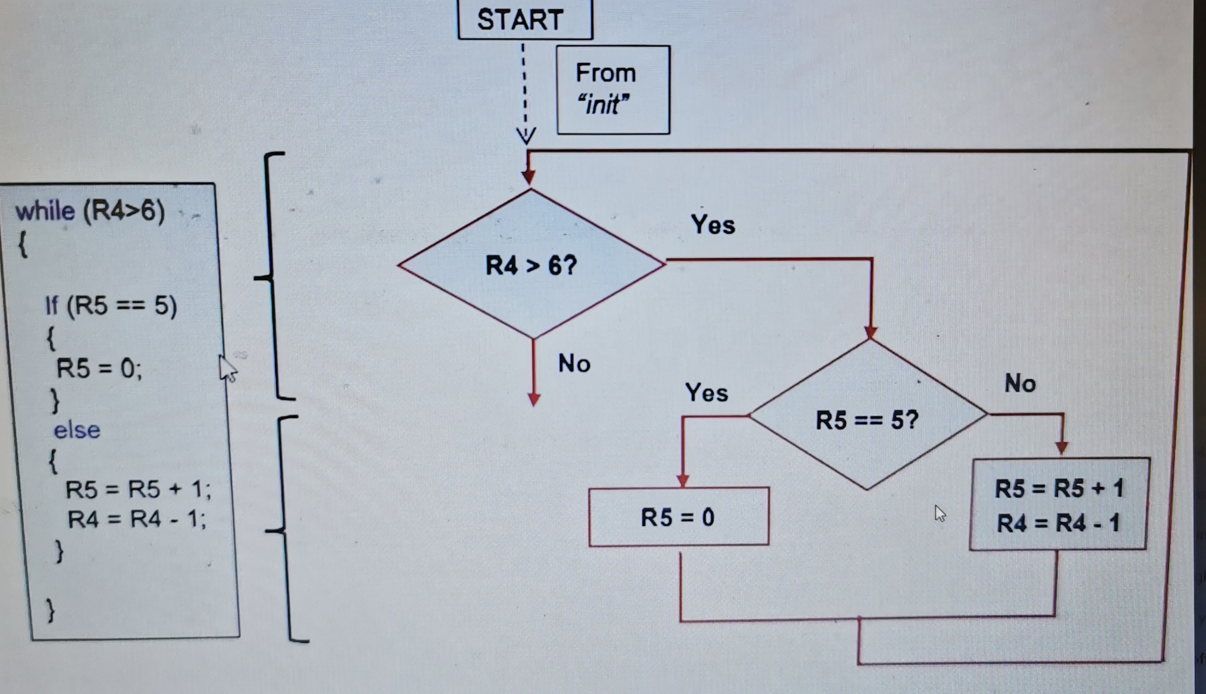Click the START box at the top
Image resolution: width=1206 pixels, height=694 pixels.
[x=525, y=20]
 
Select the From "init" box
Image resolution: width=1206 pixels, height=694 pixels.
[x=613, y=90]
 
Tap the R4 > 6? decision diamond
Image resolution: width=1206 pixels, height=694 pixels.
[x=531, y=265]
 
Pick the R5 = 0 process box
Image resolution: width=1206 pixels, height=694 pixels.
[x=678, y=517]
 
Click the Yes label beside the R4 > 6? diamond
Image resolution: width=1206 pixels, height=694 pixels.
[x=713, y=224]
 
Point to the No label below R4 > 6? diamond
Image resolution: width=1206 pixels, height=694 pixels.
[x=574, y=363]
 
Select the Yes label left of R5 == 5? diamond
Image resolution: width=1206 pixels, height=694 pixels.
[x=706, y=392]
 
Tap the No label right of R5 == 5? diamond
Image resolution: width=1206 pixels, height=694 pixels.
[x=1020, y=384]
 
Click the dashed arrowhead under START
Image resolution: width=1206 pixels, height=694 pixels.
[x=526, y=136]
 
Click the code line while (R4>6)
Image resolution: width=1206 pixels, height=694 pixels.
[x=90, y=210]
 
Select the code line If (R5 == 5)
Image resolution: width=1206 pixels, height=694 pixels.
[x=111, y=305]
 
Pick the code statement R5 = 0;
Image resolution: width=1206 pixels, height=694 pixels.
[x=99, y=369]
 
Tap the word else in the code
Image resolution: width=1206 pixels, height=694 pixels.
[x=77, y=430]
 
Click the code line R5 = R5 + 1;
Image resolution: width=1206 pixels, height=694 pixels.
[x=138, y=489]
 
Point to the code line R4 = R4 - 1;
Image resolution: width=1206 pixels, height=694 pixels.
[x=136, y=519]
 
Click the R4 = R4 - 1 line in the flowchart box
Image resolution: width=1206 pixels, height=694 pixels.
[x=1058, y=523]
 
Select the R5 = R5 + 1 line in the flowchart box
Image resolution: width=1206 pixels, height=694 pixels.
[x=1059, y=489]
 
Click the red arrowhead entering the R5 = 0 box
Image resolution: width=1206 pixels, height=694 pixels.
[x=682, y=481]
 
